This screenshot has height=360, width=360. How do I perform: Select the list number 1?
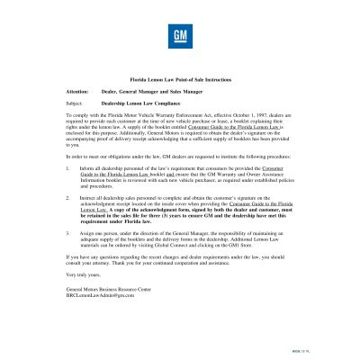[x=69, y=166]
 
